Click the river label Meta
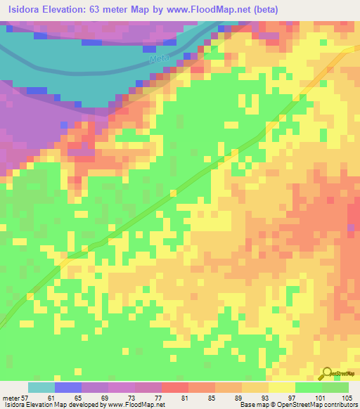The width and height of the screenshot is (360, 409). pyautogui.click(x=160, y=60)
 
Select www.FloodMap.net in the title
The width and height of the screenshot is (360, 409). pyautogui.click(x=211, y=10)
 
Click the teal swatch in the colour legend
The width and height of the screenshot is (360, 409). pyautogui.click(x=41, y=387)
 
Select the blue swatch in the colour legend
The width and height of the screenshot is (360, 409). pyautogui.click(x=67, y=387)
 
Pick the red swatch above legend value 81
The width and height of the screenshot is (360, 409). pyautogui.click(x=174, y=387)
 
